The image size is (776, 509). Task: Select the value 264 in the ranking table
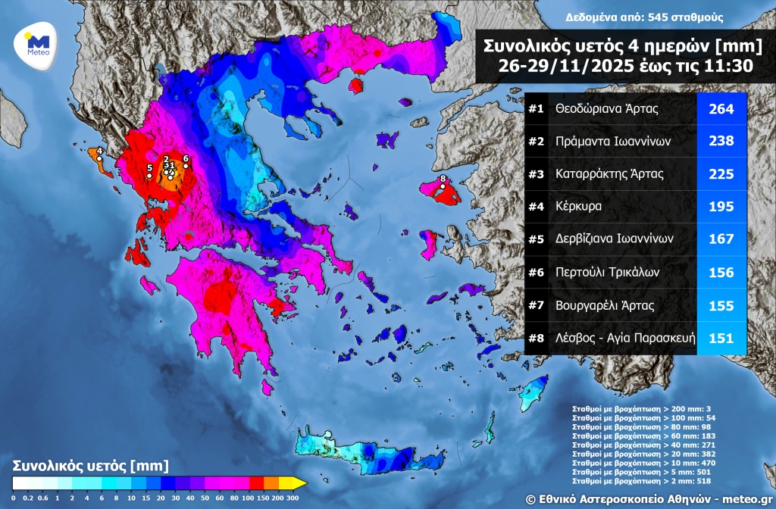[x=721, y=109]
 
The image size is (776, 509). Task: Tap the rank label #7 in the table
[x=537, y=306]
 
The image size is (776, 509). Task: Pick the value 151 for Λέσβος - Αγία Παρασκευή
[x=721, y=339]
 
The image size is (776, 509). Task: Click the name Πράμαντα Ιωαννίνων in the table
[x=613, y=142]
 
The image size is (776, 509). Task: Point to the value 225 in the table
[x=721, y=174]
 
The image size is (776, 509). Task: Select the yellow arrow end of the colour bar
[x=300, y=482]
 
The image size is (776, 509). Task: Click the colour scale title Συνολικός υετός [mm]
[x=90, y=464]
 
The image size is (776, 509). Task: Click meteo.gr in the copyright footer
[x=745, y=498]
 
